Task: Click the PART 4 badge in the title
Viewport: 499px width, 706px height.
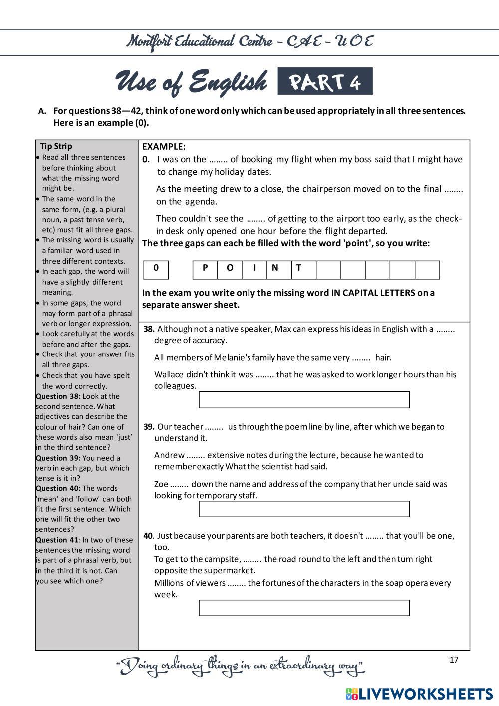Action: (325, 82)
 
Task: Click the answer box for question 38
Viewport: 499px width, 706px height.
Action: (304, 400)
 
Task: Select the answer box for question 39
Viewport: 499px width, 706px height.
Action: (304, 509)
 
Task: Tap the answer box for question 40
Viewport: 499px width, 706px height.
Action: (304, 608)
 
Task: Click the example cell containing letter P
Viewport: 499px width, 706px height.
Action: (205, 268)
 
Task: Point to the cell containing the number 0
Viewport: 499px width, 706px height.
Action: (156, 268)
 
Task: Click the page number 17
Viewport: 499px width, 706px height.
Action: (454, 660)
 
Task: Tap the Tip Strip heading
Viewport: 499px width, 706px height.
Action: (56, 146)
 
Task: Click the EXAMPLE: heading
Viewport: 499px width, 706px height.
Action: (164, 147)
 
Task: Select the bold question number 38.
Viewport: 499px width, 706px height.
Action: (149, 329)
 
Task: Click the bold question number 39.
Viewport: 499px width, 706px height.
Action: (149, 427)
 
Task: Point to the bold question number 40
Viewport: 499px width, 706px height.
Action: (148, 536)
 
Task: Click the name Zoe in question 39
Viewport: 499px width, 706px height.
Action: (161, 484)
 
